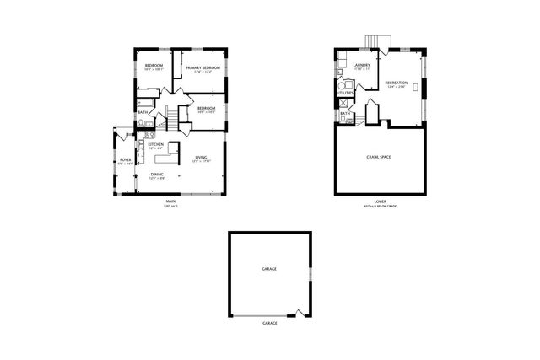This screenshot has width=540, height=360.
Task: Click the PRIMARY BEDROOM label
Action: point(202,67)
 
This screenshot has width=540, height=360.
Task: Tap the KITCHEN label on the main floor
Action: point(155,145)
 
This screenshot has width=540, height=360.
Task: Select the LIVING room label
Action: point(201,158)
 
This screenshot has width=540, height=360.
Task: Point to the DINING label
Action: point(157,175)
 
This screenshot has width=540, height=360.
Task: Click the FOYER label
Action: point(125,159)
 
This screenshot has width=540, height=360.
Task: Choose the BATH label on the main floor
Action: point(143,112)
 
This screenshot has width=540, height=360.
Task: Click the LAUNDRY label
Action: point(363,65)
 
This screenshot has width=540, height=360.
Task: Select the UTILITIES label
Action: point(345,93)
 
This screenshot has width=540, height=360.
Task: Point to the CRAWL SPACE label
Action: point(377,157)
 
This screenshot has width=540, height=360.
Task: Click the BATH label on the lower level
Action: point(344,113)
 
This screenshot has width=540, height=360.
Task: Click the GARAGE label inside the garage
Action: point(268,268)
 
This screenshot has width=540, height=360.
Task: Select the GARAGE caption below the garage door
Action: point(269,324)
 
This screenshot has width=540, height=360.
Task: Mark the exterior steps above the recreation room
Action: point(375,43)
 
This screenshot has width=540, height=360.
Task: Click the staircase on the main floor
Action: point(169,117)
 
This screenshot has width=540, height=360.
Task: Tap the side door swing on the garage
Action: point(300,313)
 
